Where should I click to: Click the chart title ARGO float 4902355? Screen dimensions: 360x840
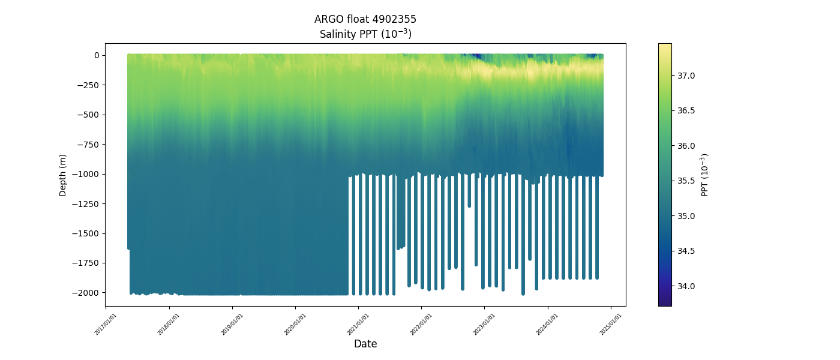(x=365, y=19)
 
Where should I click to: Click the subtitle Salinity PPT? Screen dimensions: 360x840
(x=365, y=34)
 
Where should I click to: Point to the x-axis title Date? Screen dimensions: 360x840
(x=365, y=344)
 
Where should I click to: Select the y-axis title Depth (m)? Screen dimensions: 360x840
(x=63, y=175)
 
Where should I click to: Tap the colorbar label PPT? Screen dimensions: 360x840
(x=705, y=175)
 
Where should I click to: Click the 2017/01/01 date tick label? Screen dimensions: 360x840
(x=106, y=324)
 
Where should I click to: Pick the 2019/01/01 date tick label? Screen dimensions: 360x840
(x=232, y=324)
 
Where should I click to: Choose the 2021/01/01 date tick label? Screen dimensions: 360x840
(x=358, y=324)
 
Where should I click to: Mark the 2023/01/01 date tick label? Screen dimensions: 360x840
(x=485, y=324)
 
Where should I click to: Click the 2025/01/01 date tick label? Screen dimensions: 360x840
(x=611, y=324)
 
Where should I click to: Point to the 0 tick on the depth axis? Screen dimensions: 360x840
(x=96, y=55)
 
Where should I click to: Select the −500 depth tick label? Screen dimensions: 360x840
(x=88, y=115)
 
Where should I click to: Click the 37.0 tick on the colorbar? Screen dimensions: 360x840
(x=686, y=76)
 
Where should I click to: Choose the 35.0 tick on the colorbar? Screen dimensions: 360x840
(x=686, y=216)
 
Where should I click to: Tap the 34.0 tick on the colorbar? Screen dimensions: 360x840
(x=686, y=286)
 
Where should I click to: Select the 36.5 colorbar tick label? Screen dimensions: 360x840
(x=686, y=111)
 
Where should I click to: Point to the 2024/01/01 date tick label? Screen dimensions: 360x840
(x=548, y=324)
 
